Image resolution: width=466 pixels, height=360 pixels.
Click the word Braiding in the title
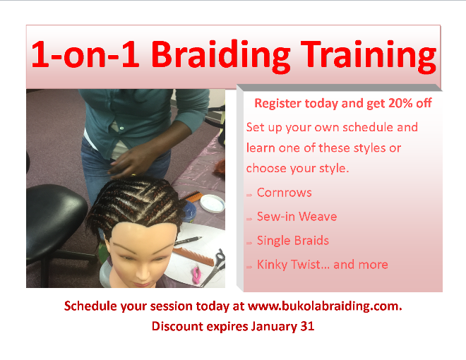point(220,55)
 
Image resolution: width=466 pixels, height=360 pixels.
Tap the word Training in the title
point(369,55)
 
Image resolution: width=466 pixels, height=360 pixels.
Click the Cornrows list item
point(284,193)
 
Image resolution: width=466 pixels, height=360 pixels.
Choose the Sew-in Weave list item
point(297,217)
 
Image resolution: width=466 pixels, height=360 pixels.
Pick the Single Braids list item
point(293,241)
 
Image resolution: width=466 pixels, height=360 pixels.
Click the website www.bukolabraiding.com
point(325,306)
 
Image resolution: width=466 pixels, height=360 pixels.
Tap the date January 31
point(282,326)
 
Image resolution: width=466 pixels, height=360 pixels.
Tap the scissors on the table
point(215,268)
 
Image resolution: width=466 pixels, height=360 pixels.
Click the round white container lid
point(213,203)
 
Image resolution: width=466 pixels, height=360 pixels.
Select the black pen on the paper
point(188,241)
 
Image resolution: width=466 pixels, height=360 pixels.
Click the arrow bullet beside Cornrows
point(249,195)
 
